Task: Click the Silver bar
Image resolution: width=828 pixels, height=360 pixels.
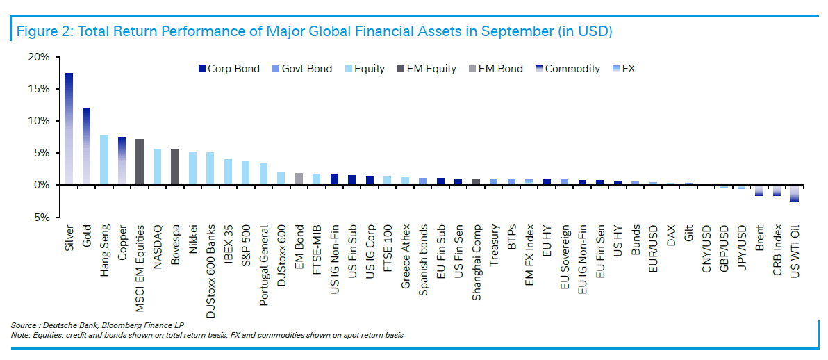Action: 69,129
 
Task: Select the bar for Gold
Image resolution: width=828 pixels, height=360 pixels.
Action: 86,147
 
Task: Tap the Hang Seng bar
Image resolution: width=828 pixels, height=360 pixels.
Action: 104,160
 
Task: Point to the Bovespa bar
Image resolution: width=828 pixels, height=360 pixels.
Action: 175,167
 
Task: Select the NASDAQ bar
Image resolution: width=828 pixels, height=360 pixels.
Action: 157,167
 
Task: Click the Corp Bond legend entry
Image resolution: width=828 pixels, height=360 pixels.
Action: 229,69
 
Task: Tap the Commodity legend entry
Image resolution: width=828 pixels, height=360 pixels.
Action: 568,69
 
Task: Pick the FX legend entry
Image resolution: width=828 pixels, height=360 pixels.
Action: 622,69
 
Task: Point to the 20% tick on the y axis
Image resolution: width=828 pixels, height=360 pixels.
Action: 38,56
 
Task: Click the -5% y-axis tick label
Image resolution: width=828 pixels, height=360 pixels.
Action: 38,218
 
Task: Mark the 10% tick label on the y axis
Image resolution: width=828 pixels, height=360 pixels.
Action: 38,121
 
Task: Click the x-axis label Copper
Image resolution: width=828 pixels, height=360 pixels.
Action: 122,240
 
